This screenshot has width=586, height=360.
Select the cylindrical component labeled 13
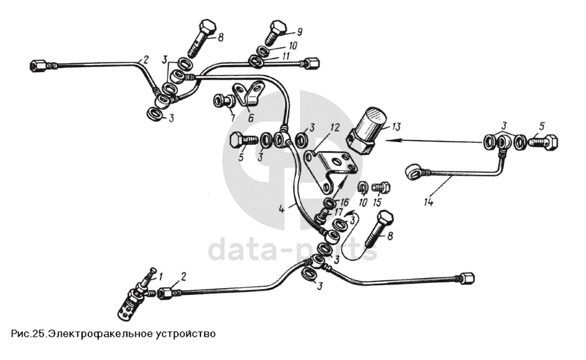click(368, 130)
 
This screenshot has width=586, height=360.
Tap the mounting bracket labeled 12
click(329, 170)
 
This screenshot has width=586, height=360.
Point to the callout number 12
click(335, 127)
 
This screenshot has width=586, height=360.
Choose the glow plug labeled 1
click(136, 295)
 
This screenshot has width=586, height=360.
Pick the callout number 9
click(299, 32)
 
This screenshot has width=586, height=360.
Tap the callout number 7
click(233, 118)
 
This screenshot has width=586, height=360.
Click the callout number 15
click(376, 202)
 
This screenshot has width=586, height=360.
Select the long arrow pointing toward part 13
click(432, 141)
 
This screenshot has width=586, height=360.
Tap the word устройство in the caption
click(184, 333)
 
